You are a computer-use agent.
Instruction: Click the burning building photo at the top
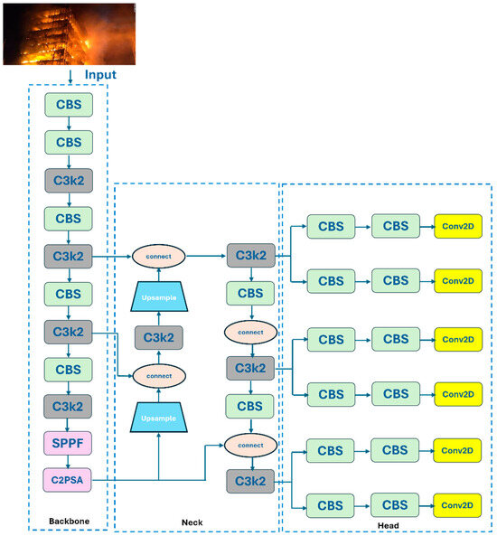point(70,33)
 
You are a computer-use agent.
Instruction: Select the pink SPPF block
point(70,443)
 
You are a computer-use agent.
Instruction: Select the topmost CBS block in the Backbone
point(70,105)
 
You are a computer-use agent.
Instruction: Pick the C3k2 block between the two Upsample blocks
point(159,338)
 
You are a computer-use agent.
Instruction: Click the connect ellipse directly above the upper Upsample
point(159,256)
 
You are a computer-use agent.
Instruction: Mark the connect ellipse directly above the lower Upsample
point(159,374)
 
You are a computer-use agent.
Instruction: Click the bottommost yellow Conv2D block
point(458,505)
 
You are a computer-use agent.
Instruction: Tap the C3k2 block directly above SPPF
point(70,407)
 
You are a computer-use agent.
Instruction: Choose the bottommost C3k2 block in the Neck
point(250,481)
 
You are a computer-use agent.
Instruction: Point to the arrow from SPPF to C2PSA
point(70,461)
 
